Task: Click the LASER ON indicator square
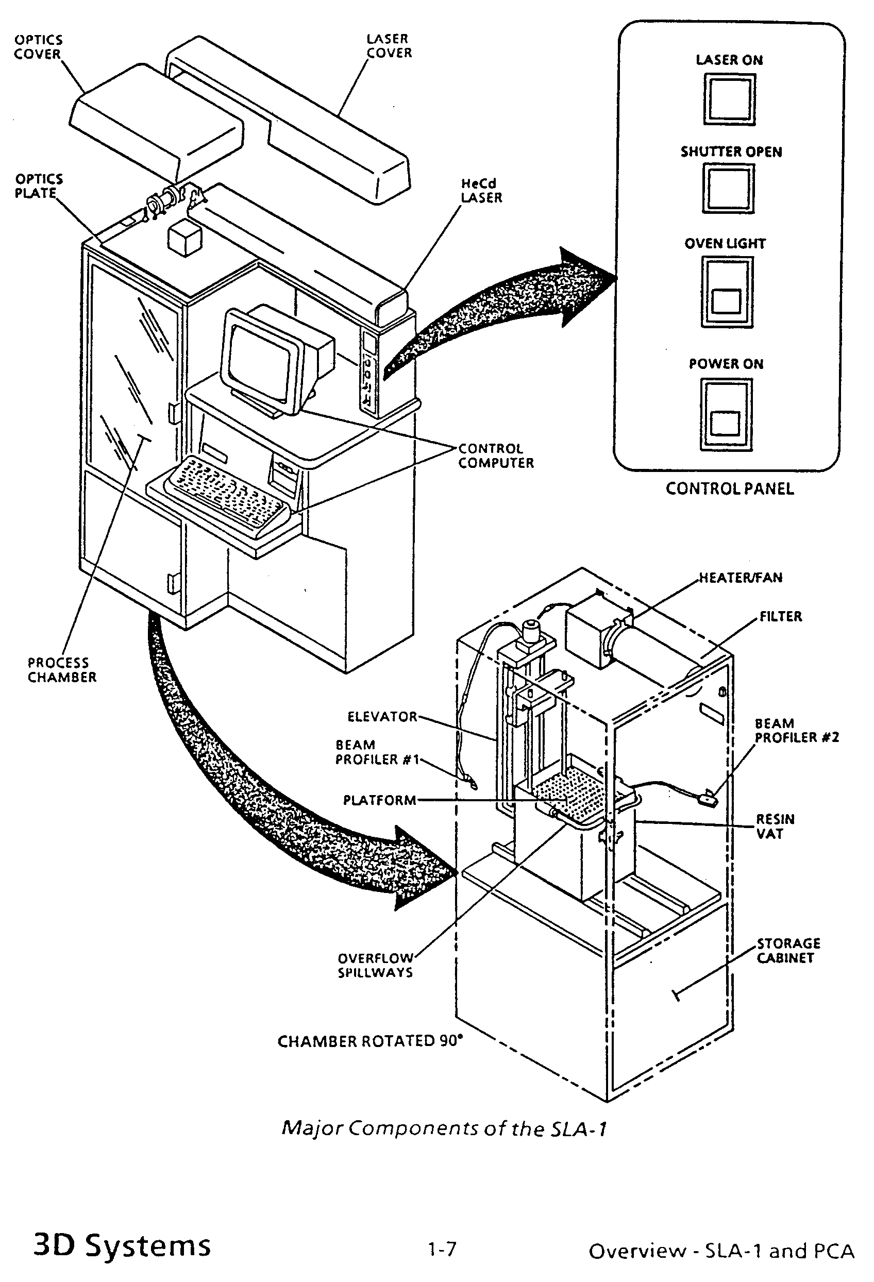click(729, 100)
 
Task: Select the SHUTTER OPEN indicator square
click(728, 189)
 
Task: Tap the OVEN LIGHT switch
click(727, 292)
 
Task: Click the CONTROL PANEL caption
click(729, 489)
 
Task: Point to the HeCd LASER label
click(482, 190)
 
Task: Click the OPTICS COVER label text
click(38, 47)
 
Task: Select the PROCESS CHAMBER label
click(62, 670)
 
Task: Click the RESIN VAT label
click(775, 826)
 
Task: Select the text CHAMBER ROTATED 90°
click(369, 1041)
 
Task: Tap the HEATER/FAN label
click(741, 578)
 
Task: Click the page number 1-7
click(442, 1249)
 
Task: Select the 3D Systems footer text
click(122, 1245)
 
